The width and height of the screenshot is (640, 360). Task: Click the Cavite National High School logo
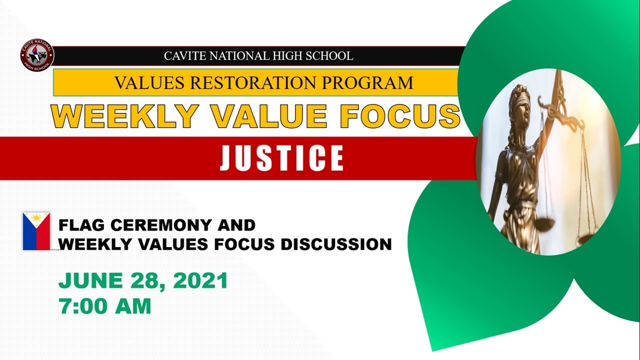click(x=37, y=55)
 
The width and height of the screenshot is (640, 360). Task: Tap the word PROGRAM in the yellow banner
click(x=369, y=82)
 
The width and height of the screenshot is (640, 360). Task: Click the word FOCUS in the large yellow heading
click(x=399, y=116)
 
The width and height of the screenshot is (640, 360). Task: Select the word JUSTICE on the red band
click(x=282, y=158)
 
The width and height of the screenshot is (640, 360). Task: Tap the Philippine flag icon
click(x=36, y=230)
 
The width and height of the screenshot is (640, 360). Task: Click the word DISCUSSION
click(x=336, y=244)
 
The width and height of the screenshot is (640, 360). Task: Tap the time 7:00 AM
click(x=104, y=306)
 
